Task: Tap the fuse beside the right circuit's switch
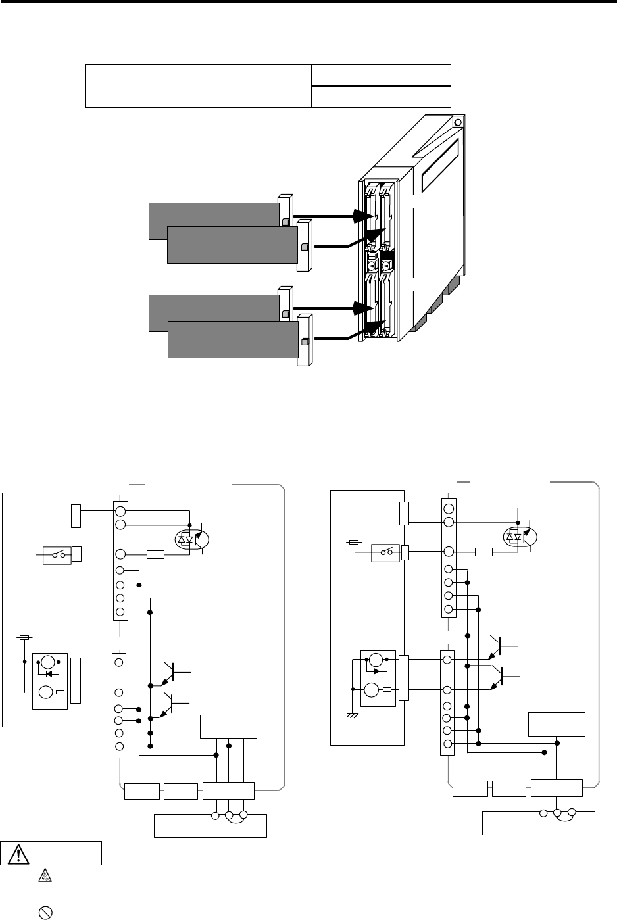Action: [x=353, y=543]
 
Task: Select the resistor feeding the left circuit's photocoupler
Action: [x=156, y=554]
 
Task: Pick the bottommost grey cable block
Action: [x=232, y=339]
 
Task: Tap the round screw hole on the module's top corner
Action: [x=458, y=122]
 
